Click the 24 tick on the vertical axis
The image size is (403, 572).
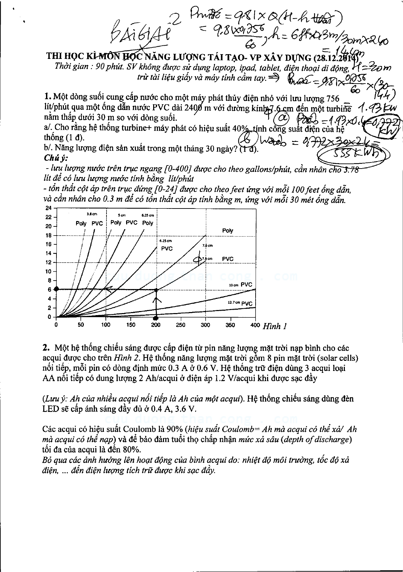pyautogui.click(x=49, y=208)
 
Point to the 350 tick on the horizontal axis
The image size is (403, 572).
pyautogui.click(x=230, y=325)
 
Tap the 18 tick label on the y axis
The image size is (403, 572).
pyautogui.click(x=49, y=235)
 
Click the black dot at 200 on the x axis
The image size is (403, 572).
pyautogui.click(x=156, y=318)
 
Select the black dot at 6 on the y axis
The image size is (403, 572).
pyautogui.click(x=56, y=289)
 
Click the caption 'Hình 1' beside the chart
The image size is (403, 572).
pyautogui.click(x=275, y=326)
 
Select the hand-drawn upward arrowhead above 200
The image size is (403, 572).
pyautogui.click(x=156, y=300)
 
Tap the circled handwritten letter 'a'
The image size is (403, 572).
pyautogui.click(x=281, y=118)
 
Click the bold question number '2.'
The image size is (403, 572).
pyautogui.click(x=46, y=348)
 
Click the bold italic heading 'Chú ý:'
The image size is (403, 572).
pyautogui.click(x=56, y=158)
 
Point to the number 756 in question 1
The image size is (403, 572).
pyautogui.click(x=332, y=98)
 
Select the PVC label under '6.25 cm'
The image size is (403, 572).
pyautogui.click(x=167, y=249)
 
